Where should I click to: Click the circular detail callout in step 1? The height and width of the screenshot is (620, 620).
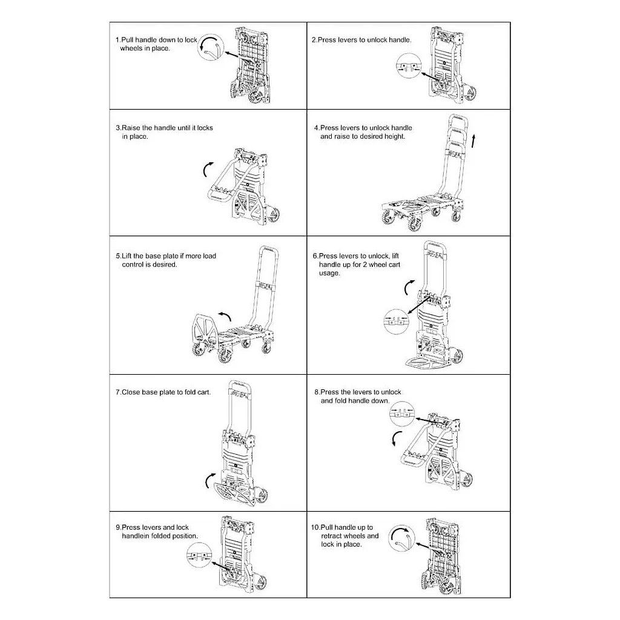point(210,47)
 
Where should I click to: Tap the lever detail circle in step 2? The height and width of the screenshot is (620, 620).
point(409,65)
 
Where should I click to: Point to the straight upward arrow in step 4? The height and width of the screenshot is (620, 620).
point(473,141)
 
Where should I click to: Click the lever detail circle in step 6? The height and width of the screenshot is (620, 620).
point(396,322)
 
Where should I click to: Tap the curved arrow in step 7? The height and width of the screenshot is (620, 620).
point(209,480)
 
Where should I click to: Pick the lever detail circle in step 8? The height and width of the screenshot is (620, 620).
point(402,413)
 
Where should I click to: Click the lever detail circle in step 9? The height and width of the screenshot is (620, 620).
point(199,555)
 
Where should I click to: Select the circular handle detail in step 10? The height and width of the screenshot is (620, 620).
point(401,538)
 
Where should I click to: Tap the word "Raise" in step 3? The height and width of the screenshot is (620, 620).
point(131,128)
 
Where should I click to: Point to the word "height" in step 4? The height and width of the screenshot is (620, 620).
point(393,137)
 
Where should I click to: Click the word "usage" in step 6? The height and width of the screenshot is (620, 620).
point(329,273)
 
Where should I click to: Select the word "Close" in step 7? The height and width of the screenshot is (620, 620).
point(131,392)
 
